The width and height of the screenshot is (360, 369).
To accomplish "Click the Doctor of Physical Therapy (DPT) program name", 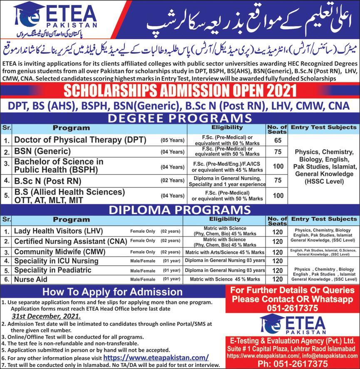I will pyautogui.click(x=80, y=140).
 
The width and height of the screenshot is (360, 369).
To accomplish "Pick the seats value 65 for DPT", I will pyautogui.click(x=278, y=140).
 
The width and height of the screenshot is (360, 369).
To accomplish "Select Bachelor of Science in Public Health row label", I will pyautogui.click(x=59, y=165).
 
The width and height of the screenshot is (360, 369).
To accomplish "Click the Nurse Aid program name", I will pyautogui.click(x=31, y=279).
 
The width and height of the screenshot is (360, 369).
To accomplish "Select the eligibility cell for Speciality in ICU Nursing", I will pyautogui.click(x=225, y=261).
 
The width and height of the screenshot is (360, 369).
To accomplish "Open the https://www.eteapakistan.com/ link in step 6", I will pyautogui.click(x=156, y=357).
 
